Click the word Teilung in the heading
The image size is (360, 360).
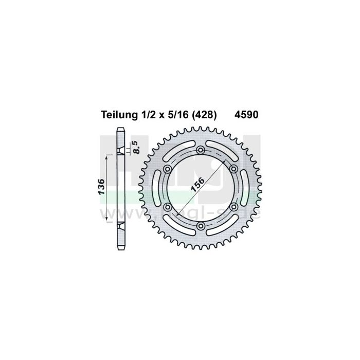[x=116, y=116]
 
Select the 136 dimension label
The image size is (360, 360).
[x=103, y=188]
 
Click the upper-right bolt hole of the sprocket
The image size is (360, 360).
[x=233, y=169]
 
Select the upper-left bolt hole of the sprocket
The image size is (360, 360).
[x=168, y=169]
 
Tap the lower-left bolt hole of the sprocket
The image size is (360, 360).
[x=168, y=207]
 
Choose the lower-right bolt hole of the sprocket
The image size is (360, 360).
[x=233, y=207]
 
